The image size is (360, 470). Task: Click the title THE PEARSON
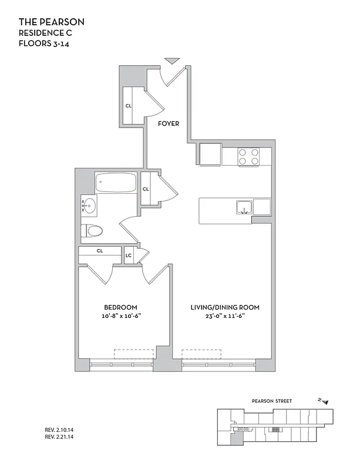[52, 22]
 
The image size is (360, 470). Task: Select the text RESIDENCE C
[45, 33]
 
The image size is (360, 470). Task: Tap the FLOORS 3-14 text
[43, 43]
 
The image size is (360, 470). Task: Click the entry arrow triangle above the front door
[171, 61]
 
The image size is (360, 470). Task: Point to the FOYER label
[169, 123]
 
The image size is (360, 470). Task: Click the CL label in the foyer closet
[128, 106]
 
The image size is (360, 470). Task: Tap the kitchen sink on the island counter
[244, 207]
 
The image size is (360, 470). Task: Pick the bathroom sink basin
[89, 206]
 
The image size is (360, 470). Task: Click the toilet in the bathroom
[93, 230]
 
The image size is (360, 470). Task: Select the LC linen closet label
[129, 256]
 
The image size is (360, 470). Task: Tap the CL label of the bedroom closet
[100, 251]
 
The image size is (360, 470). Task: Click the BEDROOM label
[120, 307]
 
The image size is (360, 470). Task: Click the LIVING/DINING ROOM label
[225, 307]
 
